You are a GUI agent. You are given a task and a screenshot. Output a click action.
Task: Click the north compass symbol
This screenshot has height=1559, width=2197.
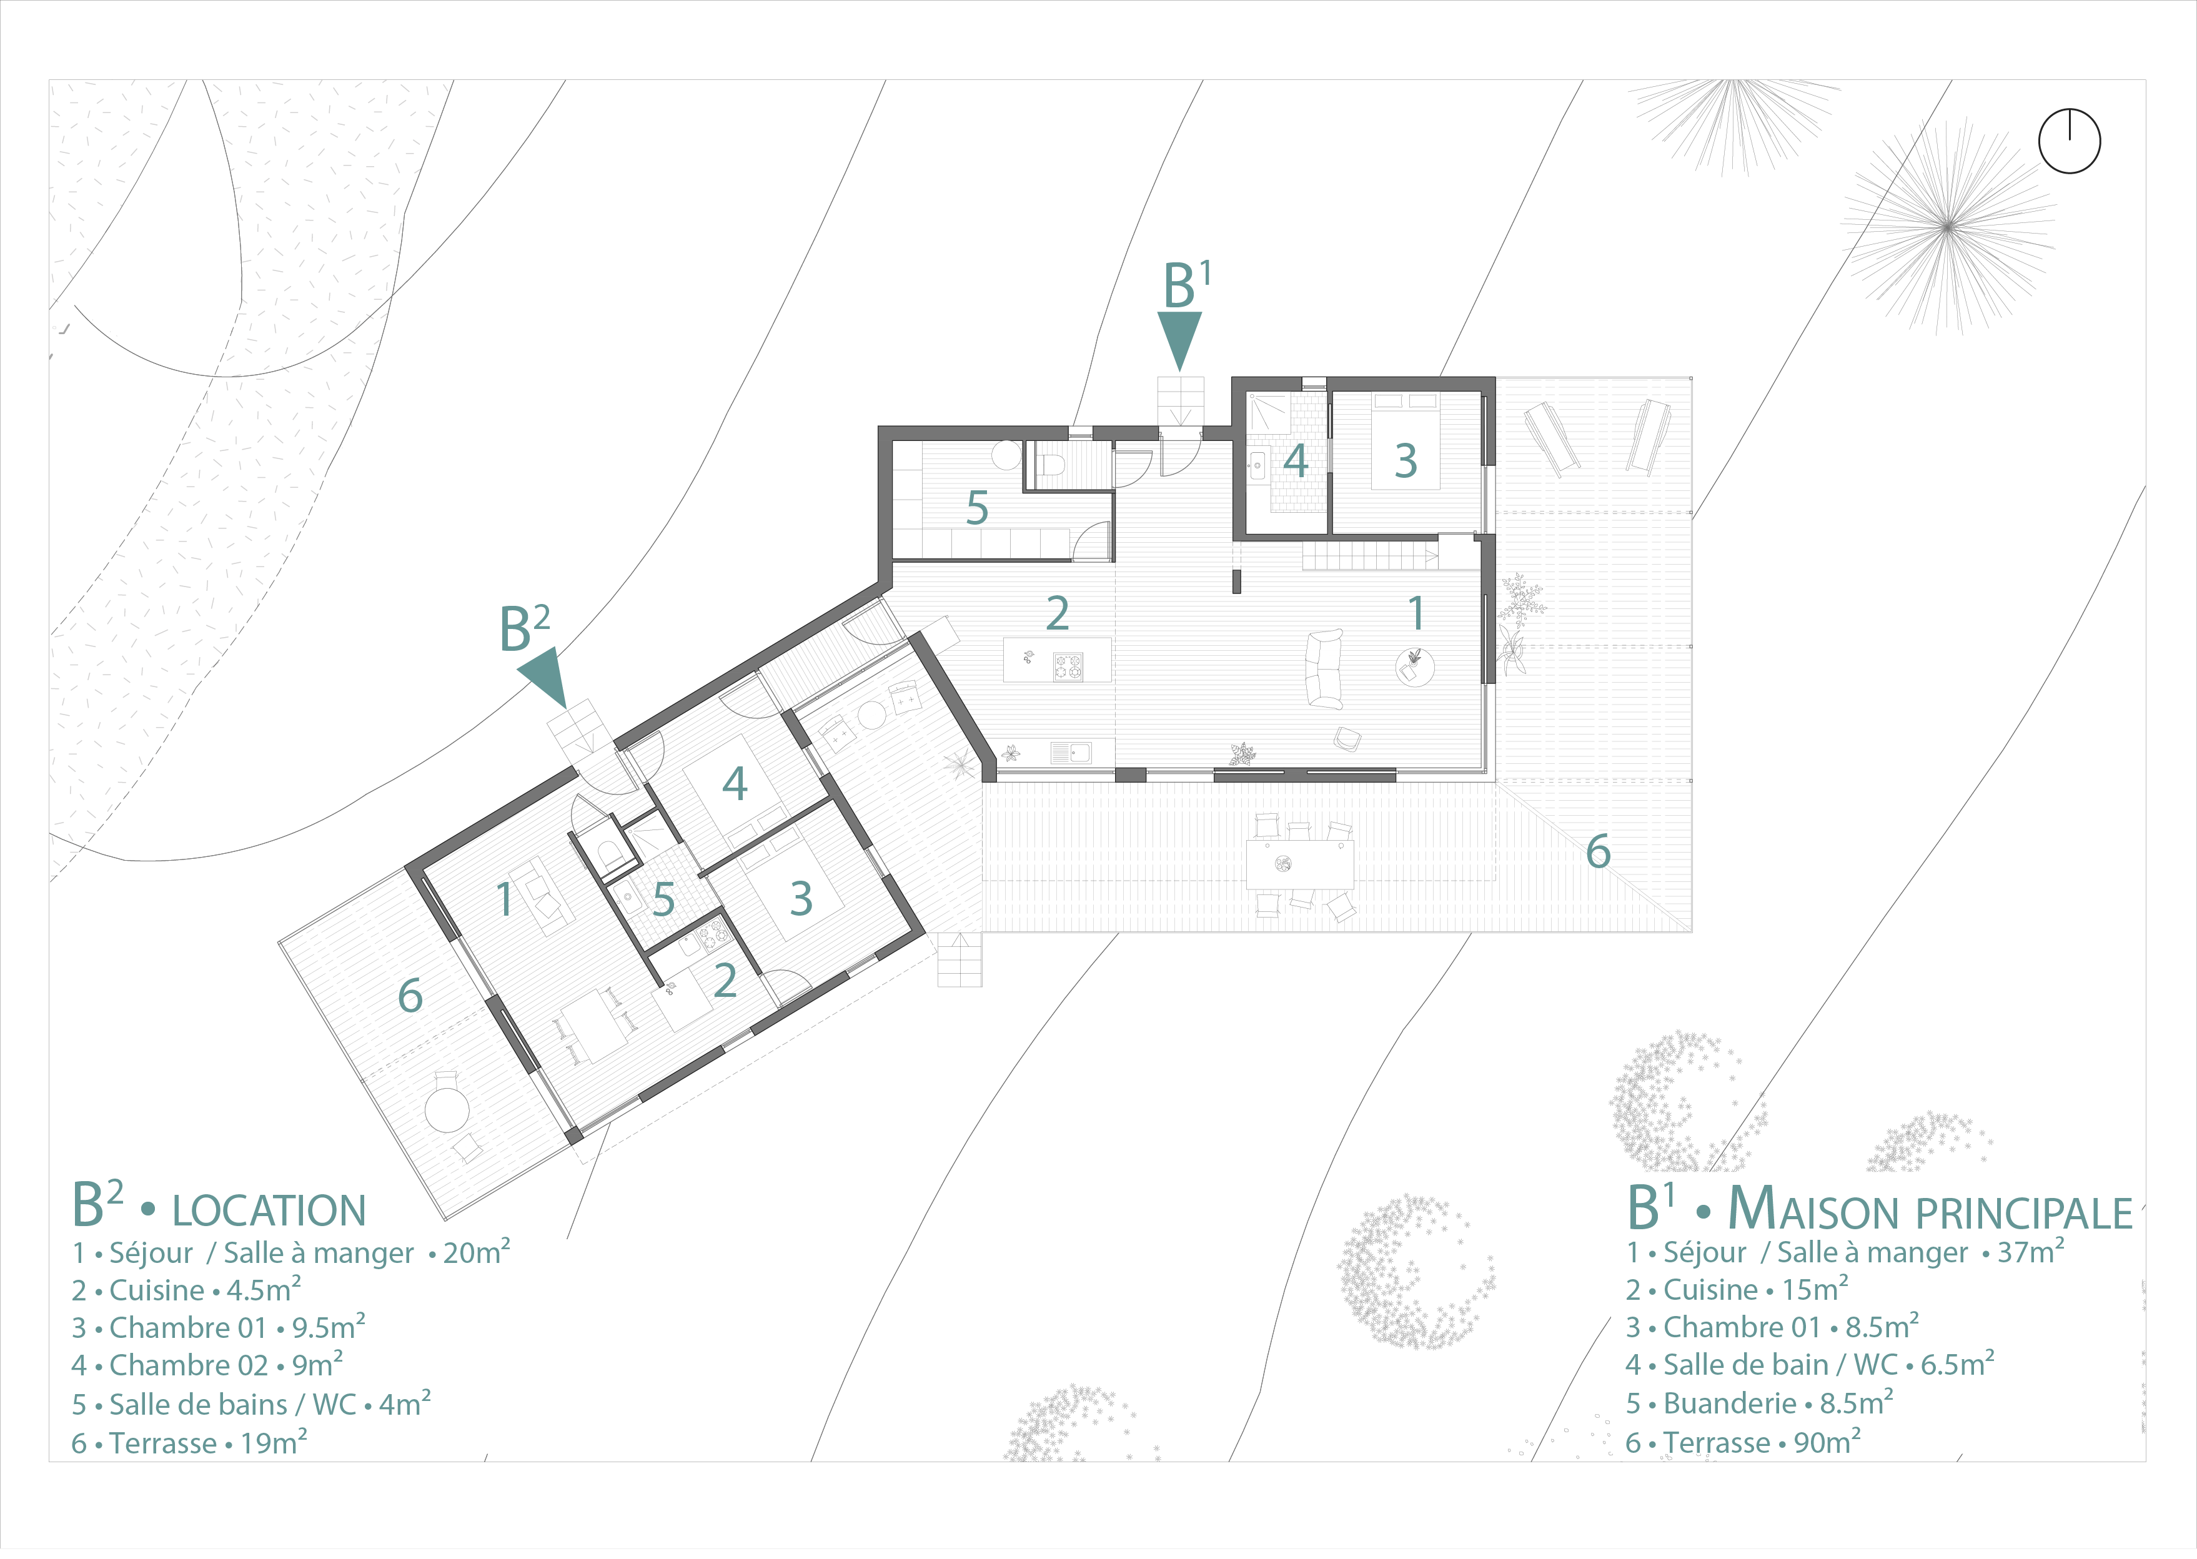tap(2070, 141)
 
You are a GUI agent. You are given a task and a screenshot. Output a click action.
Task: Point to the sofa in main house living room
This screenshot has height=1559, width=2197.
tap(1326, 669)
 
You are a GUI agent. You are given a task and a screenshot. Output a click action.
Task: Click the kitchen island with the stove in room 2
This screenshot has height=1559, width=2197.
tap(1057, 660)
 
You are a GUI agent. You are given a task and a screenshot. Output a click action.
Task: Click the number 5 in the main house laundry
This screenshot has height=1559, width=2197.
tap(977, 508)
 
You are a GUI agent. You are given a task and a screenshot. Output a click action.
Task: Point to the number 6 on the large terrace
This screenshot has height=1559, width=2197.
tap(1598, 851)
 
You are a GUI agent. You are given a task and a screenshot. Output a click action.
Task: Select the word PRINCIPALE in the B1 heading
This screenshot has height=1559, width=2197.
tap(2023, 1214)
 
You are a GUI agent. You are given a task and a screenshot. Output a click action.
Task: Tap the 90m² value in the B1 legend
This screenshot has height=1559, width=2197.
tap(1827, 1442)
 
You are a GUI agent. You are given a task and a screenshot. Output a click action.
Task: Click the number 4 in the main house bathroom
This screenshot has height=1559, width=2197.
tap(1296, 461)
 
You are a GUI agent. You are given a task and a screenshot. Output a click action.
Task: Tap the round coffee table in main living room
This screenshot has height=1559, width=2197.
tap(1415, 666)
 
